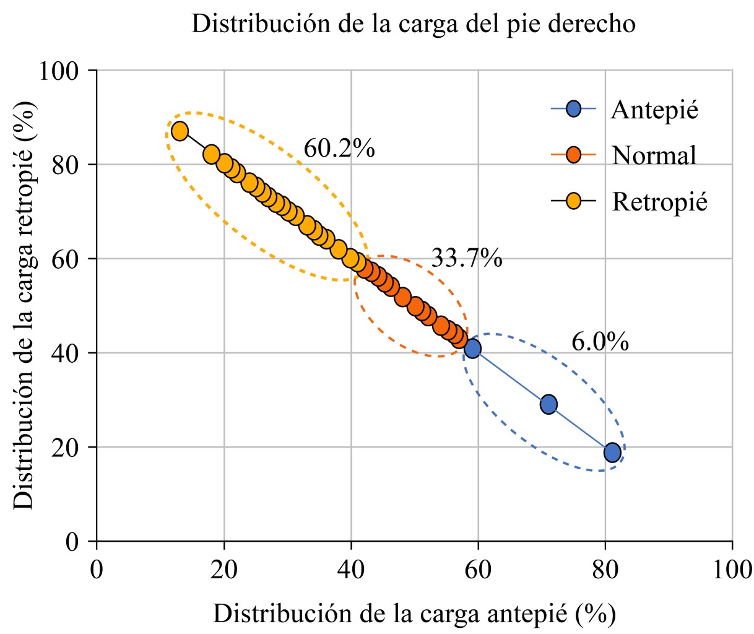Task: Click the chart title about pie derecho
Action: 414,24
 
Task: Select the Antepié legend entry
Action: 654,110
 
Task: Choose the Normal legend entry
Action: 654,155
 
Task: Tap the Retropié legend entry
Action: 659,202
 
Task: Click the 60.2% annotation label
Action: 339,149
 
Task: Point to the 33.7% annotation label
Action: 466,258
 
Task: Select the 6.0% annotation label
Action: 600,342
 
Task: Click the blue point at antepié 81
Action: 612,453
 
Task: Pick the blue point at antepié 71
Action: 548,404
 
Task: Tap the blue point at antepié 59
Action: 472,349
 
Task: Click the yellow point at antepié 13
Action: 180,131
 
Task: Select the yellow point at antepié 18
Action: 211,155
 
